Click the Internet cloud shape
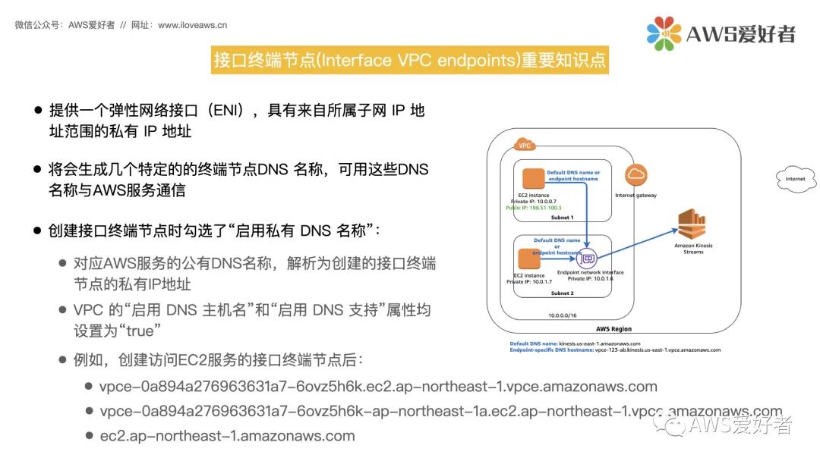click(796, 179)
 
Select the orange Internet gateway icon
click(636, 176)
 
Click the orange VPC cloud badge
click(524, 145)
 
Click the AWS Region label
click(613, 329)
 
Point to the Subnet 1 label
click(563, 218)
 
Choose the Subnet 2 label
click(563, 292)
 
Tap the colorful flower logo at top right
click(664, 33)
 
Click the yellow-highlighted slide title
click(410, 61)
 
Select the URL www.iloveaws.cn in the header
click(192, 25)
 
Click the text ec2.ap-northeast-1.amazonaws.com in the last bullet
click(227, 436)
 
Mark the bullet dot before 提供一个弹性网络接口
click(38, 110)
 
